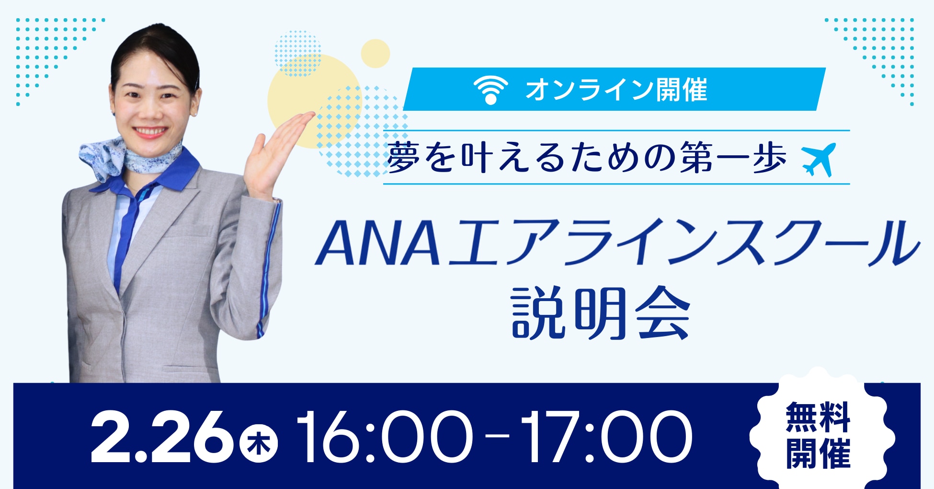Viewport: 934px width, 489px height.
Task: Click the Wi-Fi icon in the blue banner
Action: point(490,90)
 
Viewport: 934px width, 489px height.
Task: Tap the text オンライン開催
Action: point(616,90)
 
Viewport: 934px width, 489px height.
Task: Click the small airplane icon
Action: point(819,159)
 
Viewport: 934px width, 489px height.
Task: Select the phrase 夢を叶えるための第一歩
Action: point(587,158)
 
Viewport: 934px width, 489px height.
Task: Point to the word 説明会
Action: point(601,314)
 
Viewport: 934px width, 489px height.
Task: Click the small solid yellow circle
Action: point(375,53)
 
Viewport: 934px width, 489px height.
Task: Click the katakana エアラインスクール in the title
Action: point(683,244)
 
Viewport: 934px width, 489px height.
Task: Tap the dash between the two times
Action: point(496,436)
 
